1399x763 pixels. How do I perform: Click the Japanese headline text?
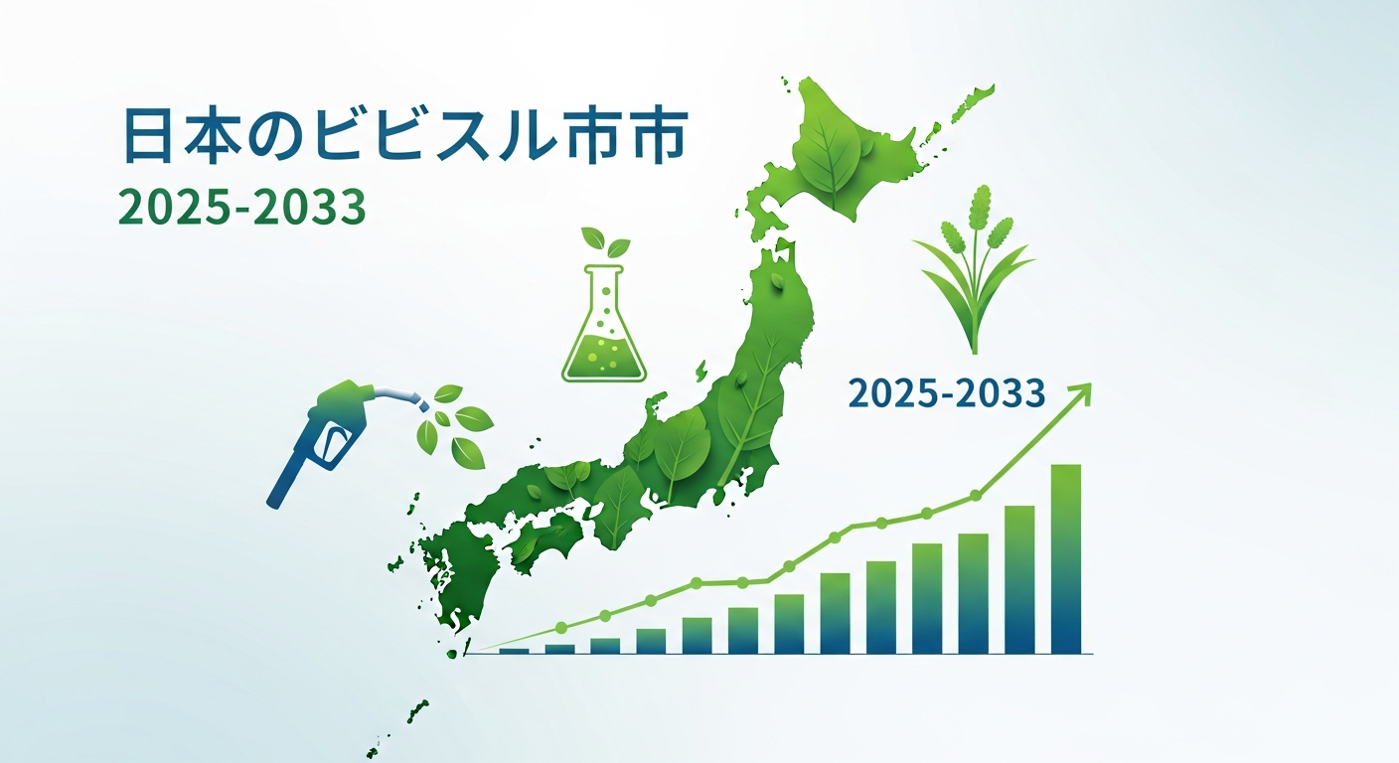pyautogui.click(x=406, y=137)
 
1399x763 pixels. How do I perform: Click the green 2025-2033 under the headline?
pyautogui.click(x=242, y=207)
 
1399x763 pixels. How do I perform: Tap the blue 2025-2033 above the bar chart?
pyautogui.click(x=947, y=394)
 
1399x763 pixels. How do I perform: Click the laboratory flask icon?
pyautogui.click(x=604, y=324)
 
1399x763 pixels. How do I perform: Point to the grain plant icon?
pyautogui.click(x=975, y=268)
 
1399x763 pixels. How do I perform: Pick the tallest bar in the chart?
pyautogui.click(x=1065, y=558)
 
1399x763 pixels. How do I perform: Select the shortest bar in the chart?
pyautogui.click(x=514, y=652)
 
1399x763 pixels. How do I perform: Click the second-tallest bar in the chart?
pyautogui.click(x=1019, y=579)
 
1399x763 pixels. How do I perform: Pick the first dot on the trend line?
pyautogui.click(x=560, y=626)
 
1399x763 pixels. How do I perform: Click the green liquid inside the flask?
pyautogui.click(x=604, y=358)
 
